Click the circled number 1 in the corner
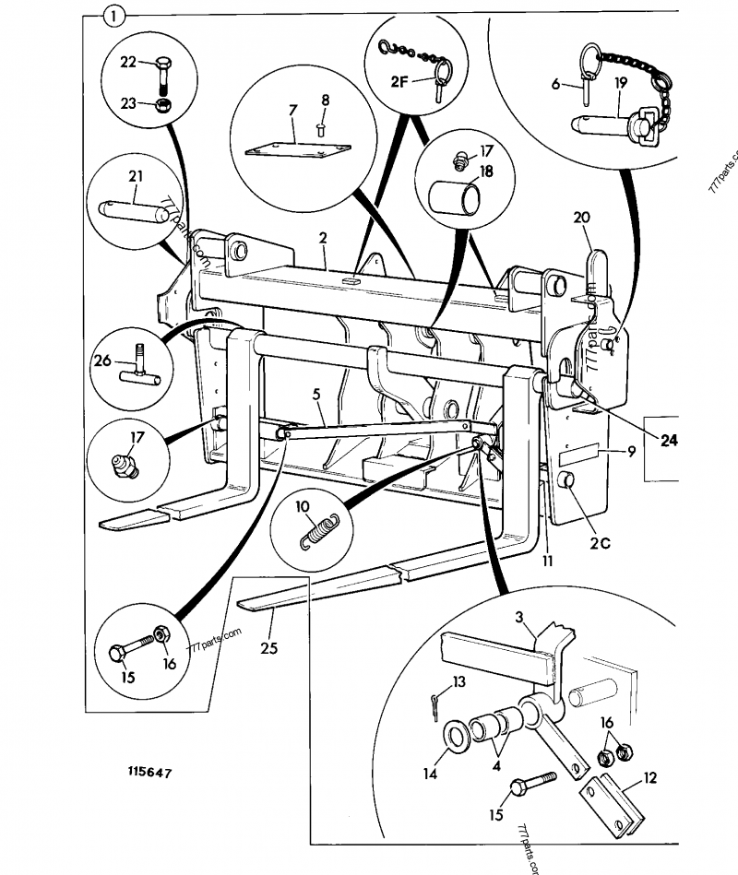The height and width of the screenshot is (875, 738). click(x=113, y=16)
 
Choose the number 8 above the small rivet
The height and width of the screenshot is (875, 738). click(x=324, y=99)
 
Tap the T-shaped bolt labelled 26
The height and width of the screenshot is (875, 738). click(x=138, y=367)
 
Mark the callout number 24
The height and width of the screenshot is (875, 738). click(x=668, y=441)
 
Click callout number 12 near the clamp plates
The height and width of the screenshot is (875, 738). click(x=649, y=778)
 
